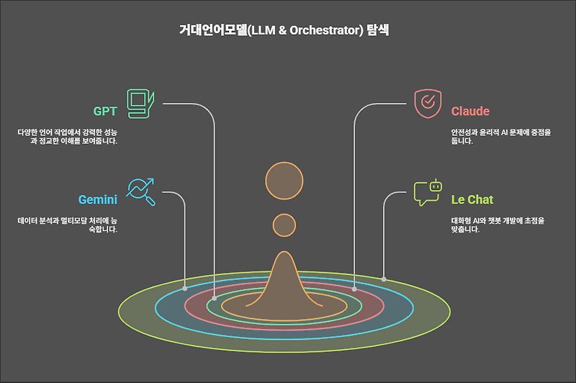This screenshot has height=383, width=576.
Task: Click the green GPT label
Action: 105,111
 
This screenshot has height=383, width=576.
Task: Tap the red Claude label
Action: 470,111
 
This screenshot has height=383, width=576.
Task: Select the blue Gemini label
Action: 98,199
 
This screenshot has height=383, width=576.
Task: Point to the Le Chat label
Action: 472,199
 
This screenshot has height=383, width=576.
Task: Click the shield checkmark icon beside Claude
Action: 428,104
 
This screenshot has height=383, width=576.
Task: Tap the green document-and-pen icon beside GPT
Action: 140,104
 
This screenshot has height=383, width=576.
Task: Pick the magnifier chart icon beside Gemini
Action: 140,192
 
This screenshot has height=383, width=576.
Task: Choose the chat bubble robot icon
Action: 428,192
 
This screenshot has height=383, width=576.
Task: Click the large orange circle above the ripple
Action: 284,181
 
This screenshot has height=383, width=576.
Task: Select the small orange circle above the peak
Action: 284,225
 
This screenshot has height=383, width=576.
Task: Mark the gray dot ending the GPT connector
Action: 214,299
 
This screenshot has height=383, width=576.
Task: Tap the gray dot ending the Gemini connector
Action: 185,288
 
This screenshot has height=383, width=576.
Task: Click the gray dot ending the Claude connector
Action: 354,289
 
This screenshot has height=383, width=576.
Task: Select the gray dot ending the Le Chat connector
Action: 384,279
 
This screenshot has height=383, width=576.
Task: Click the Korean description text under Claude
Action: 501,136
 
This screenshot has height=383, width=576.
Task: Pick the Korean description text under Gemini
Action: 68,225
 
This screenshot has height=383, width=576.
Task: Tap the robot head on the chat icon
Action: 436,186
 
